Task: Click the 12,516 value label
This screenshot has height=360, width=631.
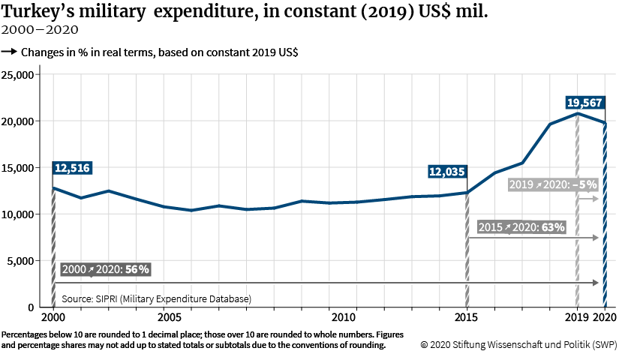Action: tap(72, 168)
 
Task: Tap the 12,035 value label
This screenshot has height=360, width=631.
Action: tap(447, 172)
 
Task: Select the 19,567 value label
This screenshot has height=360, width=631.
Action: tap(586, 103)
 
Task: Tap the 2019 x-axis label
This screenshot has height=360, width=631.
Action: tap(577, 318)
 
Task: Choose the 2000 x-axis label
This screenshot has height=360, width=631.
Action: tap(53, 318)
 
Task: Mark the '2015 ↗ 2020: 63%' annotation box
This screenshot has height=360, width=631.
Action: tap(521, 226)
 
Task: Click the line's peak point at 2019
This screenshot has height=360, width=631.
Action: tap(577, 113)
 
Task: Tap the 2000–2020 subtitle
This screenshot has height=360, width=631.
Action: tap(40, 31)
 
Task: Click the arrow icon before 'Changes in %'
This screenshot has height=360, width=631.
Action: tap(10, 52)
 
